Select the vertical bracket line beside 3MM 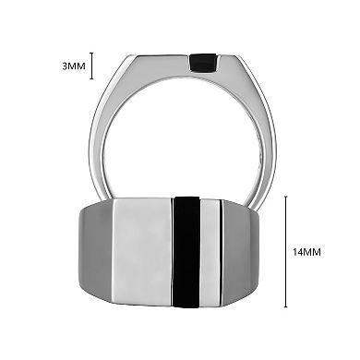click(92, 66)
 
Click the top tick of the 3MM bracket click(92, 54)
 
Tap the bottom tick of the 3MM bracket click(92, 79)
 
